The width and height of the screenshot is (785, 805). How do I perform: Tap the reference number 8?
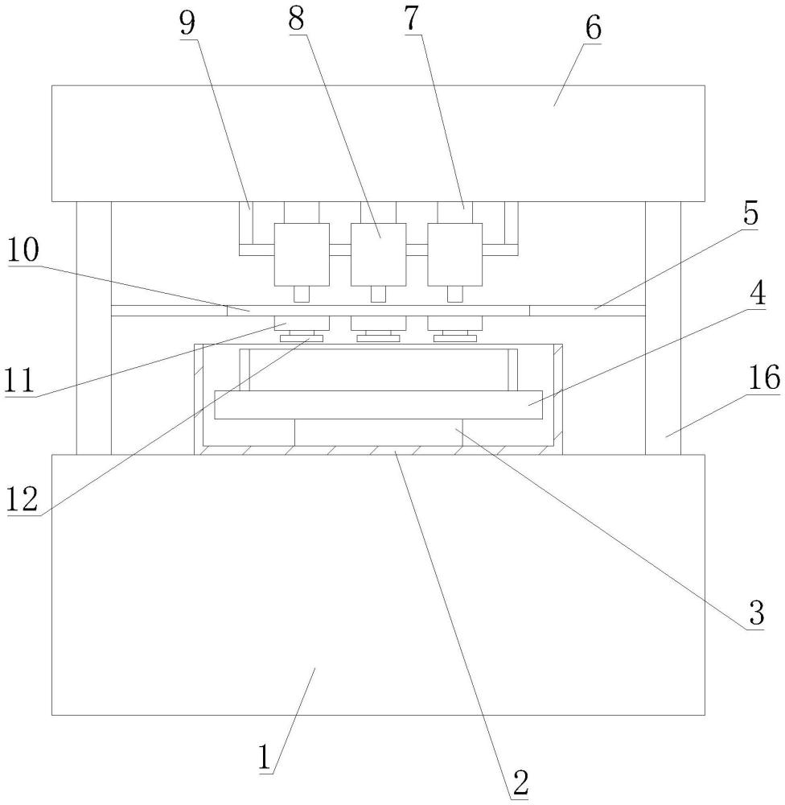(297, 19)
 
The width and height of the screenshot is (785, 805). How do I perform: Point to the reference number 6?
(593, 29)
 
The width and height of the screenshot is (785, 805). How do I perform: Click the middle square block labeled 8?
(379, 254)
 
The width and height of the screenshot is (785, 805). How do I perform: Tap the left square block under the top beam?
(302, 254)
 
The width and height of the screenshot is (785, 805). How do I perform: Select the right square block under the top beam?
(455, 254)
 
